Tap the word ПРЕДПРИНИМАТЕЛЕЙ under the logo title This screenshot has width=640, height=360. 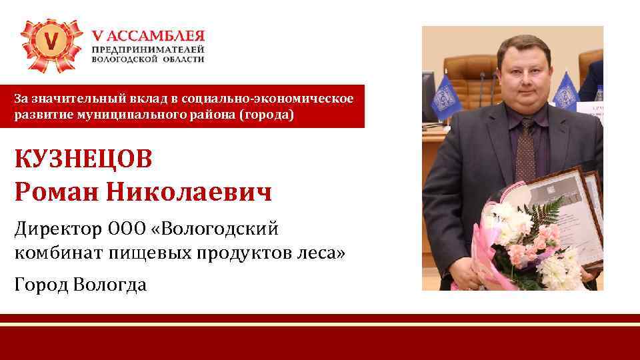[148, 49]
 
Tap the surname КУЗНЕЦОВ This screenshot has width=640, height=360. [83, 160]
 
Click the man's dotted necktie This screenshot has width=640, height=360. [524, 150]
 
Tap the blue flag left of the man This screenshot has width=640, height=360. [441, 97]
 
